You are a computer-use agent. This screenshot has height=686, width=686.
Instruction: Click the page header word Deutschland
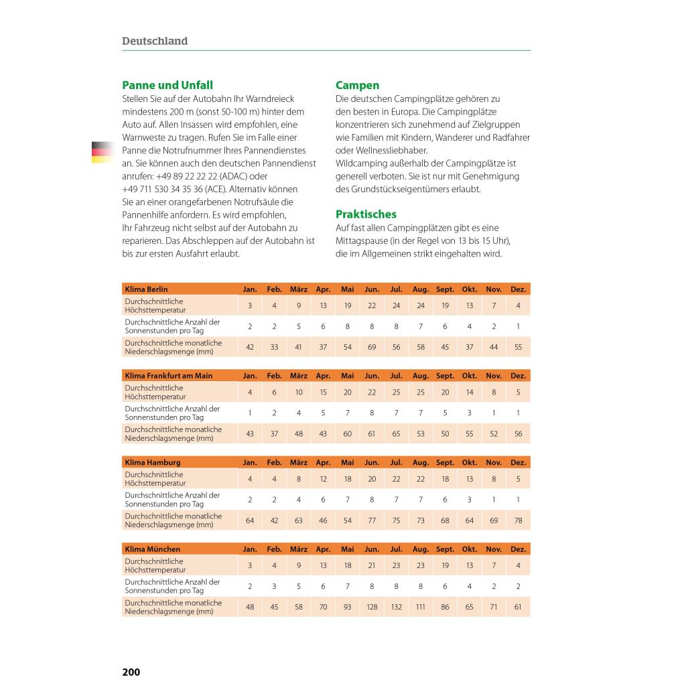155,41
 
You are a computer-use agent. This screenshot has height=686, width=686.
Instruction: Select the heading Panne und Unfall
167,85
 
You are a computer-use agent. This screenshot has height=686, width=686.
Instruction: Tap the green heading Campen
357,85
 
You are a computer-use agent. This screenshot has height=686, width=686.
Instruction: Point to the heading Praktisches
366,214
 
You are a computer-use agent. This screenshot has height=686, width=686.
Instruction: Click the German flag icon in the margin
102,152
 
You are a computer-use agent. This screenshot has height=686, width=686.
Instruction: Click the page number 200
131,672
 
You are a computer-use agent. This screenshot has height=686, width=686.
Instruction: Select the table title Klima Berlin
146,289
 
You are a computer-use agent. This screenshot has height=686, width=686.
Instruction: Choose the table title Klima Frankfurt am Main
168,376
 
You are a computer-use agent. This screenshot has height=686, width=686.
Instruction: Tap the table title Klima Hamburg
152,462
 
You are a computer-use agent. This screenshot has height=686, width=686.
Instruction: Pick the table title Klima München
152,549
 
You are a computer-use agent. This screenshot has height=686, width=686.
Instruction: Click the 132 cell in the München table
396,607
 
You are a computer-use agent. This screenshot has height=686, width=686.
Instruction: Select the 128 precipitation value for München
372,607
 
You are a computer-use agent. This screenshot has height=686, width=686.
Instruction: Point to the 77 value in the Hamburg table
372,521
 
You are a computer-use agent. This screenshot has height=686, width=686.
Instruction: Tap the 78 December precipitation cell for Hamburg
518,521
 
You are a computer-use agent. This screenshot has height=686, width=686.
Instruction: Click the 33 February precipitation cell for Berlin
274,347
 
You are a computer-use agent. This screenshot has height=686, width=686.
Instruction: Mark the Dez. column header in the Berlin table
518,289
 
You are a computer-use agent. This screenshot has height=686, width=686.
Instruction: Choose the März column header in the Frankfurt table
299,376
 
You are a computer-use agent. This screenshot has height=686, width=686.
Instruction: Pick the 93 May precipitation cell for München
347,607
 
